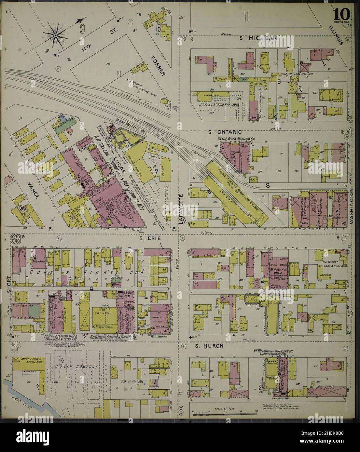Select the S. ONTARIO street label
224,132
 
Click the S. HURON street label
209,346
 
